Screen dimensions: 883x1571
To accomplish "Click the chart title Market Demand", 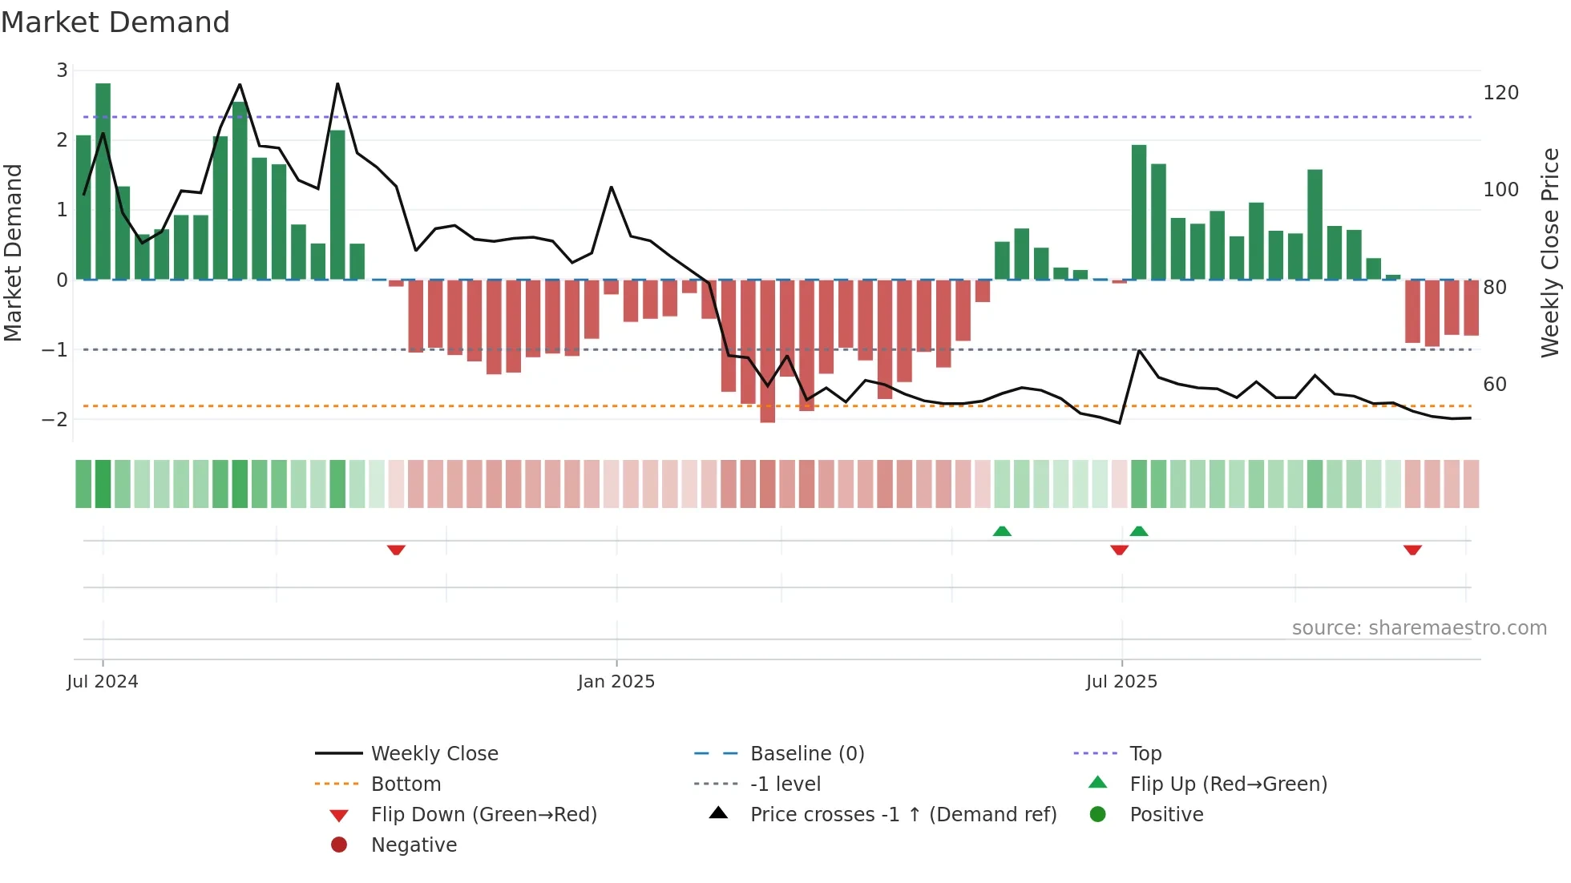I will (x=115, y=22).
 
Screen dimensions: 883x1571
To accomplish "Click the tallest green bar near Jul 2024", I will (x=103, y=181).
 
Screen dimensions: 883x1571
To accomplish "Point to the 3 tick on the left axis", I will (x=62, y=71).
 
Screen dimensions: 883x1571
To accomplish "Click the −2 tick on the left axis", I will (x=55, y=419).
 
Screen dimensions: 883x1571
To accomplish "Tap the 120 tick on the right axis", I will (x=1500, y=93).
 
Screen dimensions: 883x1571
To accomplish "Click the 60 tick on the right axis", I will (x=1495, y=385).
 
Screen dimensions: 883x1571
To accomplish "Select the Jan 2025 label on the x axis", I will (x=616, y=682).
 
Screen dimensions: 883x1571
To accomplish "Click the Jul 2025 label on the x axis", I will (x=1121, y=682).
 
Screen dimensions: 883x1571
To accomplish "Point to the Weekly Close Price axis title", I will (x=1550, y=252).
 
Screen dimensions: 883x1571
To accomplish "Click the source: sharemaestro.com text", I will (x=1419, y=628).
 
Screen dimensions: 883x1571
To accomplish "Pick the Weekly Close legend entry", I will (x=434, y=754).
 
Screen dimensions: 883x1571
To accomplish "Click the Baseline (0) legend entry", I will (x=806, y=754).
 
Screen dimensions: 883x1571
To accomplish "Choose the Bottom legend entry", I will (x=406, y=784).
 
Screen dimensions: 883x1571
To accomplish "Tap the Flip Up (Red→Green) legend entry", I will (x=1228, y=784).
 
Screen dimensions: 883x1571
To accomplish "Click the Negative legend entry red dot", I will (x=339, y=845).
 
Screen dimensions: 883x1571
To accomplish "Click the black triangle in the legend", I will (x=718, y=813).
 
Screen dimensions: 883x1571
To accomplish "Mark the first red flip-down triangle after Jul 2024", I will (x=396, y=550).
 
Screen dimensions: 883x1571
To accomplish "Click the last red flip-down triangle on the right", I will (x=1412, y=550).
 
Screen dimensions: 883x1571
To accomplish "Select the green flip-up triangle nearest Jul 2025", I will (x=1139, y=531).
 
